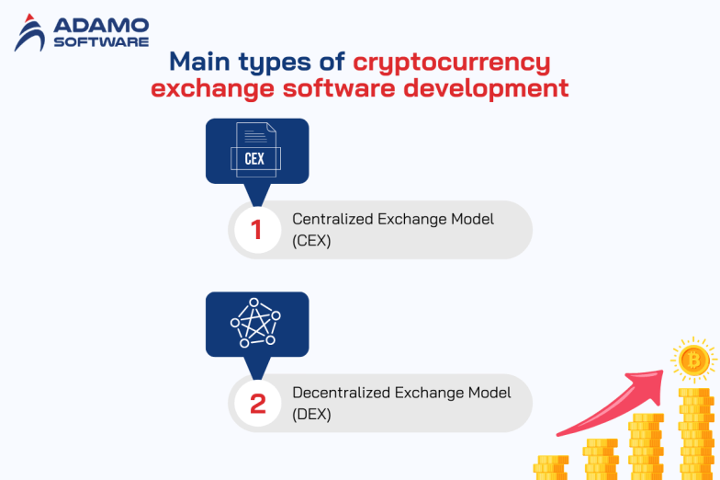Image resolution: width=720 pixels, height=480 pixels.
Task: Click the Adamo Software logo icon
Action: (30, 33)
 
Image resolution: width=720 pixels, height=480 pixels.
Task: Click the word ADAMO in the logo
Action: (100, 26)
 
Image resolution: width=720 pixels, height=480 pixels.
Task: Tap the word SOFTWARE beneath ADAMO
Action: (100, 41)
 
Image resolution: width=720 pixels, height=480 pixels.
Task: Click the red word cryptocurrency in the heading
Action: (452, 63)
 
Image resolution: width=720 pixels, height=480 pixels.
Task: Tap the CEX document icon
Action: (255, 151)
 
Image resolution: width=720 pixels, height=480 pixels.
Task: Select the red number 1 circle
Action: (256, 230)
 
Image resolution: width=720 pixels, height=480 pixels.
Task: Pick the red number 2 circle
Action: (256, 403)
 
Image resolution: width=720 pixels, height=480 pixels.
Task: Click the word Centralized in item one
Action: (333, 219)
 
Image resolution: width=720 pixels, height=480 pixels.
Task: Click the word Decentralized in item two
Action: (342, 393)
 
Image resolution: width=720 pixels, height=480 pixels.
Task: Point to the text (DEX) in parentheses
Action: (311, 414)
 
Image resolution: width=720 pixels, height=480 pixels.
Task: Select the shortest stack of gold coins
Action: (551, 466)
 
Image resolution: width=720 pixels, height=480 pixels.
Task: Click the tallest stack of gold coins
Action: (695, 432)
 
